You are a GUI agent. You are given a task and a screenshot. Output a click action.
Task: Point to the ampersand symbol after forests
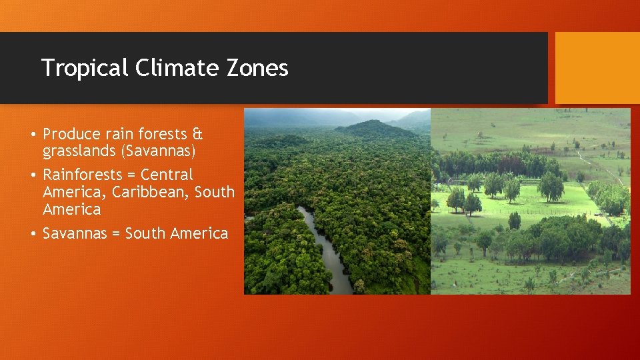197,134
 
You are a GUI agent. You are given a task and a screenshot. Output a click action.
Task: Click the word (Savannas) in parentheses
158,152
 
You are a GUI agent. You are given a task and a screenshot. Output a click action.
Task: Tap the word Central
167,175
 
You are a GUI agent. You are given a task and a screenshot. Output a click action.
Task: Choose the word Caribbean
154,192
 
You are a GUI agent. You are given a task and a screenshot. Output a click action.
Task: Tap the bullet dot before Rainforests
32,175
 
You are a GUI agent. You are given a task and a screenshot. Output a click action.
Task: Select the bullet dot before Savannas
32,234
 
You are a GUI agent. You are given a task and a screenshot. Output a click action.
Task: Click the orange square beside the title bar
593,68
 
